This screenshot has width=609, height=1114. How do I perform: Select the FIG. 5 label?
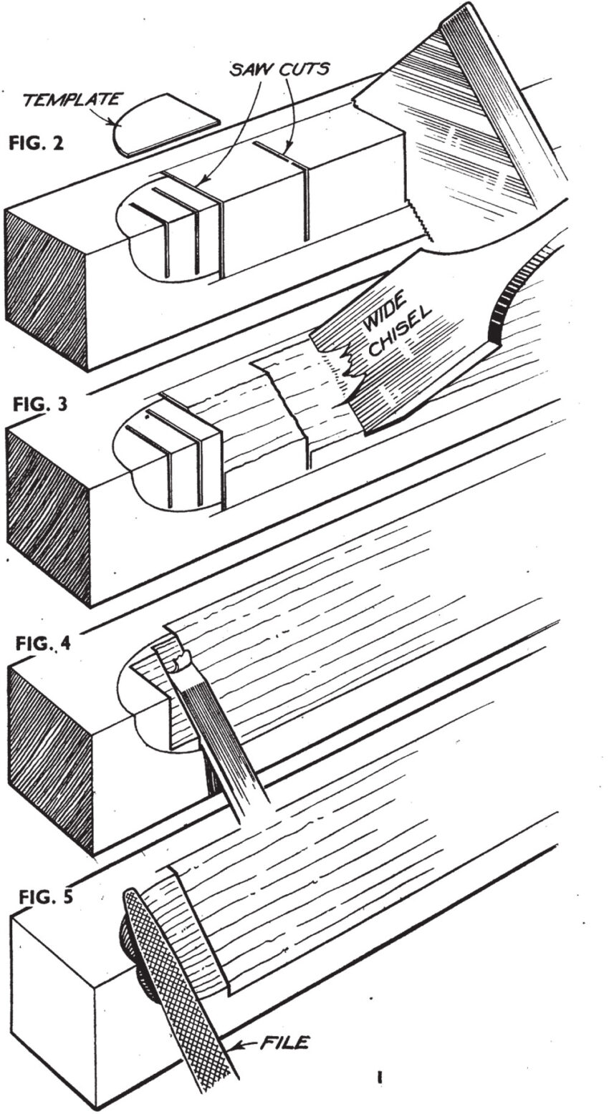click(45, 896)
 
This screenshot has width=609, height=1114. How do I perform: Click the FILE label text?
click(283, 1042)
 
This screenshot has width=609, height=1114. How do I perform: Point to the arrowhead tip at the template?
click(115, 123)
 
